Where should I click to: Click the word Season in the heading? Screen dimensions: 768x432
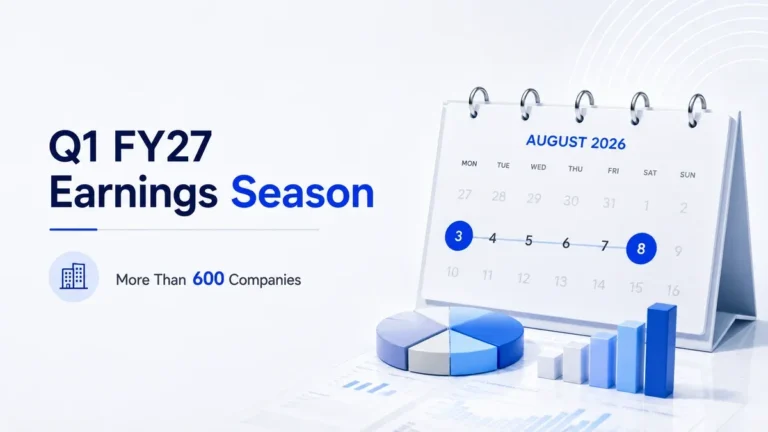pos(302,192)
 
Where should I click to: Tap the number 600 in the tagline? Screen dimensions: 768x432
pos(208,279)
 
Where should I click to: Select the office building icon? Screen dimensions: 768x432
pos(73,276)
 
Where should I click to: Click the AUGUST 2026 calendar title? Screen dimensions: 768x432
pos(576,142)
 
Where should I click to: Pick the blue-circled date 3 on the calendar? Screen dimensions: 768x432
pos(458,236)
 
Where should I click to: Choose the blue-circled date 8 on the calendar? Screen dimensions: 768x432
pos(641,248)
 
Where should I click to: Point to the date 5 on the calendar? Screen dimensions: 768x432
pos(528,240)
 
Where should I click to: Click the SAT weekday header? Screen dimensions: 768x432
pos(650,172)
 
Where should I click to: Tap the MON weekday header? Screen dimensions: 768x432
pos(469,164)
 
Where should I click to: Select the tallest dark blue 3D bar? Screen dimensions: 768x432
pos(661,350)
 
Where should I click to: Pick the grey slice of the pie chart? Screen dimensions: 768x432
pos(429,355)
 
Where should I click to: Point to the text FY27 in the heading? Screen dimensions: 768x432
pos(163,146)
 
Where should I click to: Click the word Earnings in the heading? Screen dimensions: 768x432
pos(133,193)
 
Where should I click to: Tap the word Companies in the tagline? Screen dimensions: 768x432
pos(264,280)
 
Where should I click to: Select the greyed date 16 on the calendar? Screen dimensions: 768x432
pos(673,290)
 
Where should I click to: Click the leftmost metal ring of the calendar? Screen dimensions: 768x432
pos(478,102)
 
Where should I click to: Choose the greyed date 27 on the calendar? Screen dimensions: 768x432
pos(464,194)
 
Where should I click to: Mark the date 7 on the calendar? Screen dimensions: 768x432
pos(604,245)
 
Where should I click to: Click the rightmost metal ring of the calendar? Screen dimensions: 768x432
pos(697,110)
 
